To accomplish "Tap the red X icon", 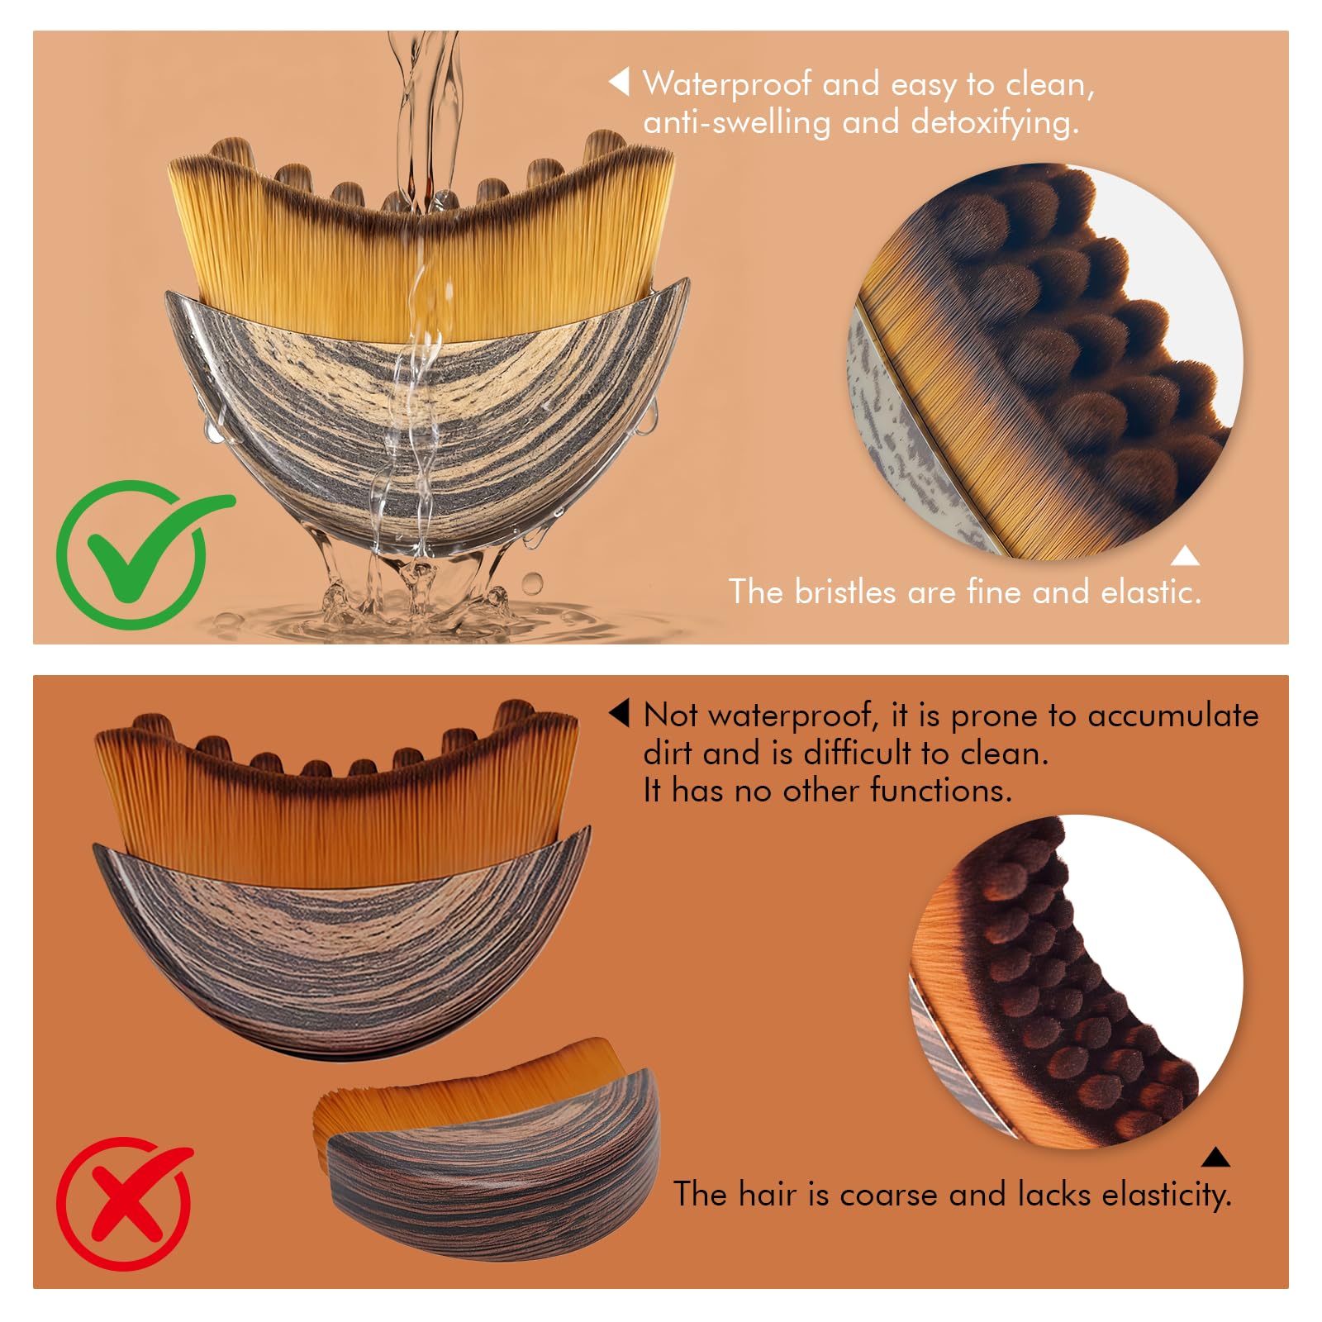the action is [124, 1202].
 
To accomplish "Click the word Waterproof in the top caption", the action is [727, 84].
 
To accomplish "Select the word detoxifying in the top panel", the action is [995, 122].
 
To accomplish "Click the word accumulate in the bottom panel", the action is [1173, 716].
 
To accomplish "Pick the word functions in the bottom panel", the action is [941, 791].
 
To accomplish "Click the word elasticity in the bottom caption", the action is [1167, 1195].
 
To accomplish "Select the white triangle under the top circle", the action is [1186, 556].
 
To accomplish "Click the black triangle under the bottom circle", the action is [1215, 1157].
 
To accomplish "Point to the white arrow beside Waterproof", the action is [620, 82].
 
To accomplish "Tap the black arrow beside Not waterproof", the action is [620, 714].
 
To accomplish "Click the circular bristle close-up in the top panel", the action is [1046, 361].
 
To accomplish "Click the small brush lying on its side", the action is [487, 1148].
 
